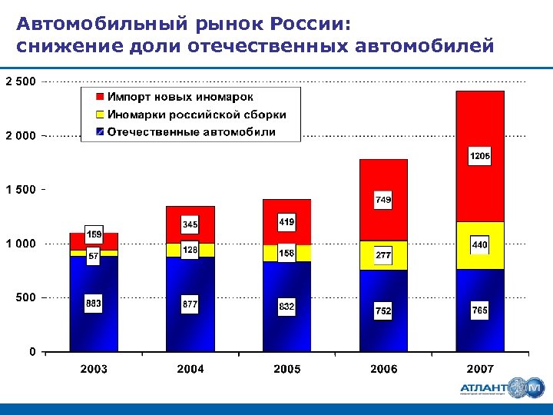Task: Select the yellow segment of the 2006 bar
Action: pos(383,262)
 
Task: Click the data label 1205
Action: pos(480,157)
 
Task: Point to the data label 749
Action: pos(384,200)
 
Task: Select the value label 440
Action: pos(480,245)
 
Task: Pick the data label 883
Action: pos(94,304)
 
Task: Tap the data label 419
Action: pos(286,222)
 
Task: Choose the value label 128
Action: pos(190,250)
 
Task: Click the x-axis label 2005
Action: pos(287,370)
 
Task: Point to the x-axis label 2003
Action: pos(94,370)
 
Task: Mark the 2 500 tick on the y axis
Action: pos(21,81)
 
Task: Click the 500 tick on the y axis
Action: pos(27,297)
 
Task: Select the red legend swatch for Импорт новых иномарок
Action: pos(99,98)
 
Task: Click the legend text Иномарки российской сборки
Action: pos(197,115)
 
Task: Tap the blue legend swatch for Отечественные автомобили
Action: pos(99,131)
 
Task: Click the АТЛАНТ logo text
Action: pos(486,388)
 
